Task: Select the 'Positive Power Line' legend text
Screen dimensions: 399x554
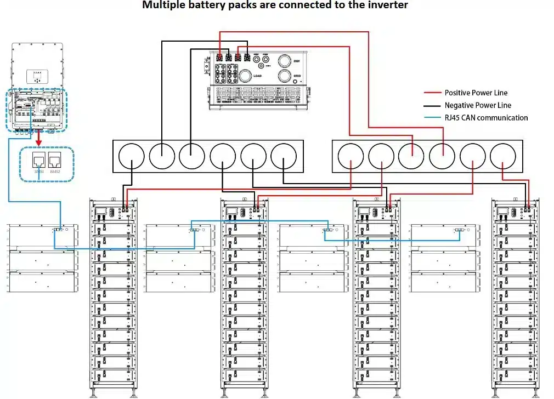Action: tap(476, 93)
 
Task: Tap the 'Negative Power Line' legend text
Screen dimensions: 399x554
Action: tap(478, 105)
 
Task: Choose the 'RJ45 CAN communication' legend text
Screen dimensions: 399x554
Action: tap(486, 118)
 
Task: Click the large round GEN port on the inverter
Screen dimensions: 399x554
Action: tap(284, 60)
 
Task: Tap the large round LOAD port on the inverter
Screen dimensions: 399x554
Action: tap(245, 76)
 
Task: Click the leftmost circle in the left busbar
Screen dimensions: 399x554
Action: tap(132, 156)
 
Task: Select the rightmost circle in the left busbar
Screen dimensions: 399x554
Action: tap(284, 156)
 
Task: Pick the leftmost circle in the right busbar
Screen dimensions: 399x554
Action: tap(351, 156)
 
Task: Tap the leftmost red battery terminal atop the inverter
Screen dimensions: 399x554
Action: tap(219, 57)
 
